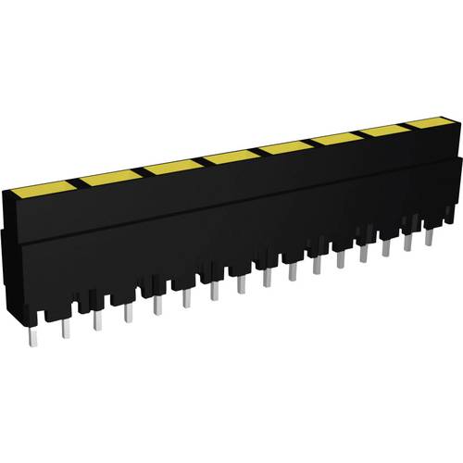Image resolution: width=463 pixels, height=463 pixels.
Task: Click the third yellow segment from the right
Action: click(338, 139)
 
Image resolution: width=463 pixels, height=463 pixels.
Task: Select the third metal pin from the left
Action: click(97, 319)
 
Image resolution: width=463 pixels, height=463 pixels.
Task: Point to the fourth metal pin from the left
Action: click(128, 313)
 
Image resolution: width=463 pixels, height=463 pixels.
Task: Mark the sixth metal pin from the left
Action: click(187, 298)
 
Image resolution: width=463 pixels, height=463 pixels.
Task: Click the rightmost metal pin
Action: click(429, 236)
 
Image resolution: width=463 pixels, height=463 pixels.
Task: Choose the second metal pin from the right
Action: click(407, 243)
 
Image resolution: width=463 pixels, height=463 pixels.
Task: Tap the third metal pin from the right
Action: click(386, 248)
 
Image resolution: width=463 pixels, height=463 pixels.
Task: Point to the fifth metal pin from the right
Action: click(340, 260)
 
